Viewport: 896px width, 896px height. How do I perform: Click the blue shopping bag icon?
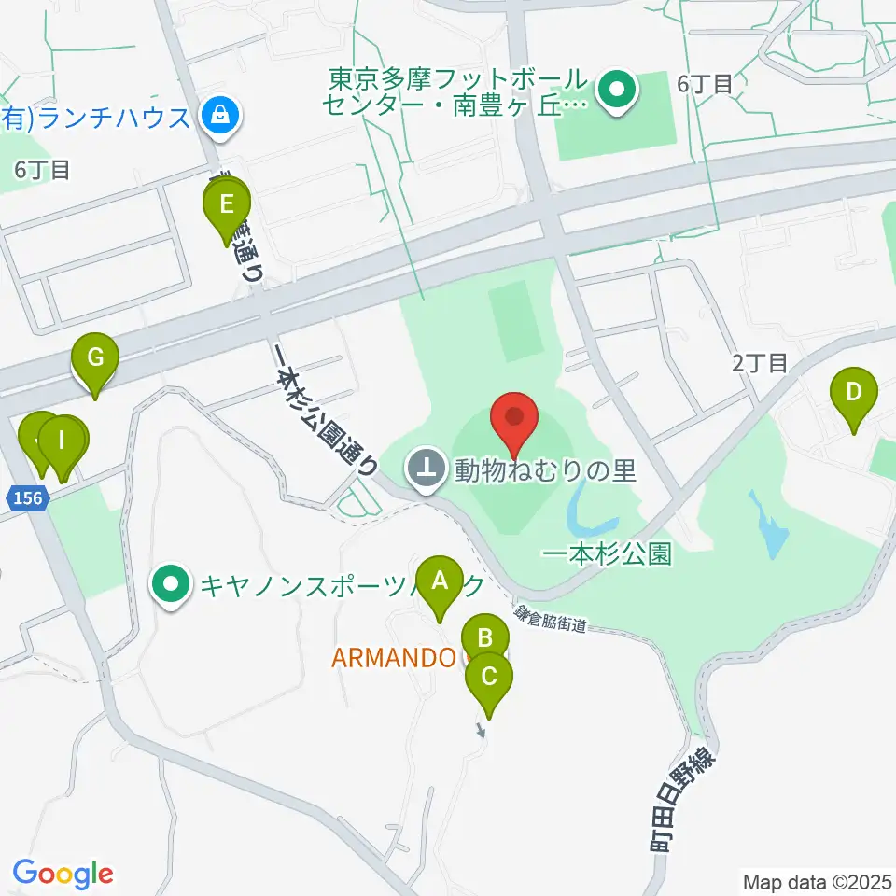[220, 117]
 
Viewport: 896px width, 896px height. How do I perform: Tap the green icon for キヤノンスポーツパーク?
[171, 585]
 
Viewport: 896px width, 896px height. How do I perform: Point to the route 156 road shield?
[28, 498]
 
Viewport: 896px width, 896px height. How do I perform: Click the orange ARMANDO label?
[394, 658]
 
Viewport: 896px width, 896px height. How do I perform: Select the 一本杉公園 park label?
[607, 553]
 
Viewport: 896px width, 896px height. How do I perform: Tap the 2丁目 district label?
[760, 363]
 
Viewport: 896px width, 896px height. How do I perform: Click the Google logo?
[63, 874]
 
